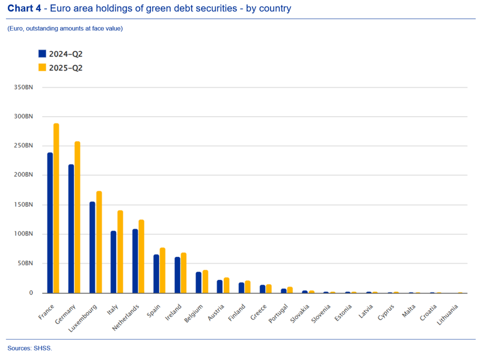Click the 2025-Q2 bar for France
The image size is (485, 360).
(56, 208)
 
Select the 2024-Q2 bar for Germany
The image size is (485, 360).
(71, 229)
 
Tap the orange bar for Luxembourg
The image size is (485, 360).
(99, 242)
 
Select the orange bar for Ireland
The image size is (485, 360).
(184, 273)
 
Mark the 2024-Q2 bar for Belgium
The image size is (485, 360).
(198, 282)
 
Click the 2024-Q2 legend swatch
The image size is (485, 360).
(42, 54)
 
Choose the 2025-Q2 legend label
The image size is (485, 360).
(65, 68)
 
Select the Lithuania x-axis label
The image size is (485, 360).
(448, 315)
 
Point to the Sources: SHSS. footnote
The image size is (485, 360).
(29, 348)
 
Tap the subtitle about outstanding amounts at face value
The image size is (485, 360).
(65, 29)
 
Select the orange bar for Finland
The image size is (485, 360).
(248, 286)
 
